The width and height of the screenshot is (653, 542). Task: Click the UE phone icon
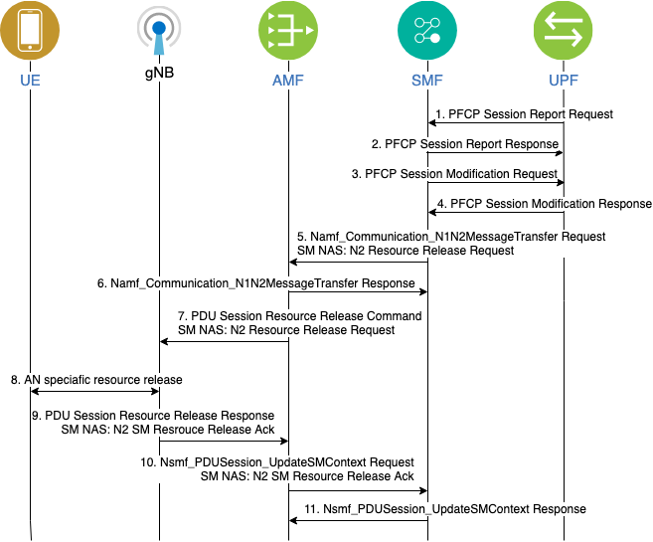[30, 30]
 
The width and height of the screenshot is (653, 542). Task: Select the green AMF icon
[287, 30]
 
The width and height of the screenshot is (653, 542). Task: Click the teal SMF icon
[427, 30]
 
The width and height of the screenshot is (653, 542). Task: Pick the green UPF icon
[564, 30]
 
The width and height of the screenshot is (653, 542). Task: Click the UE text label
[30, 79]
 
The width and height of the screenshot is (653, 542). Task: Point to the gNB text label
[158, 75]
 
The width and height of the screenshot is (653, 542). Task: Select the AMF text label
[287, 79]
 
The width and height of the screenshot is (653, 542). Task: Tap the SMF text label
[427, 79]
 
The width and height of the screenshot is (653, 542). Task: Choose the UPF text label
[564, 79]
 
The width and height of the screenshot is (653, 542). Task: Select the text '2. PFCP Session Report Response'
[465, 144]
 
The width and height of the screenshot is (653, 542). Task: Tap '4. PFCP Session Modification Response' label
[544, 204]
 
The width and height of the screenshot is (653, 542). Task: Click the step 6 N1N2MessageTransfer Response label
[255, 283]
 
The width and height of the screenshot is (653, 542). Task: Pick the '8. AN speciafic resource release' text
[95, 380]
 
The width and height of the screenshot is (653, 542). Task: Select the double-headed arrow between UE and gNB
[94, 392]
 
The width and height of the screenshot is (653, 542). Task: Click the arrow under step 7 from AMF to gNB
[224, 342]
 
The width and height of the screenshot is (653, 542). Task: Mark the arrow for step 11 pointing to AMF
[358, 521]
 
